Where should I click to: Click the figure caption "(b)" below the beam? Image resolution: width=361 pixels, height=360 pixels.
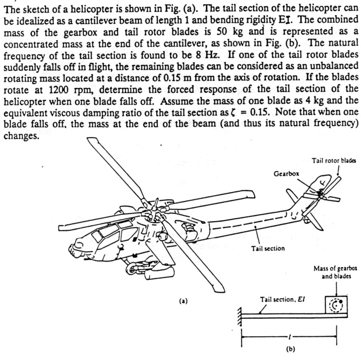coord(291,348)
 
